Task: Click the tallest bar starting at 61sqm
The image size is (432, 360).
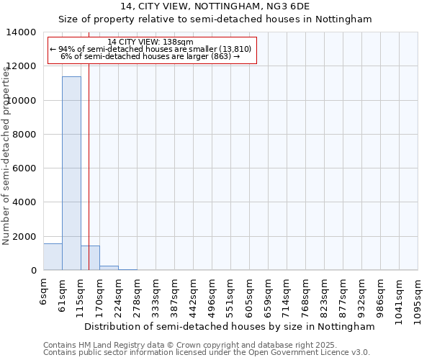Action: coord(71,173)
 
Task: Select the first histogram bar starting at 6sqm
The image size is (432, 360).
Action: coord(53,257)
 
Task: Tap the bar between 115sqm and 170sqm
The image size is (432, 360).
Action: coord(90,258)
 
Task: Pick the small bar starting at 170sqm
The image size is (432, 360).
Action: coord(109,268)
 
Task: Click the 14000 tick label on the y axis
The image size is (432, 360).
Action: coord(22,32)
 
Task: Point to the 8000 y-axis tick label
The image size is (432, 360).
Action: coord(24,135)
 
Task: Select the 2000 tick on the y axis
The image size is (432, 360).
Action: coord(24,237)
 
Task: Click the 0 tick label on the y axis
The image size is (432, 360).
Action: coord(34,271)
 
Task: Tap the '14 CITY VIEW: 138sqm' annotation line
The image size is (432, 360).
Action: coord(150,42)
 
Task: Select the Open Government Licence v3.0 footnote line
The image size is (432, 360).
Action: coord(207,353)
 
